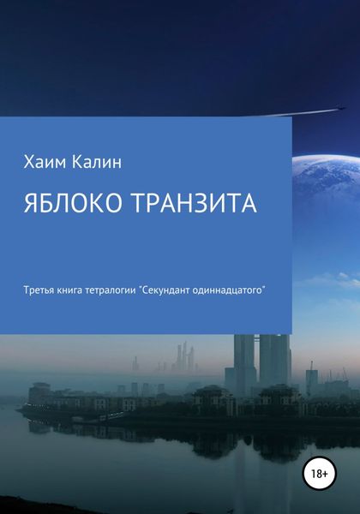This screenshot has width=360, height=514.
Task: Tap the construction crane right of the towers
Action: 312,377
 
